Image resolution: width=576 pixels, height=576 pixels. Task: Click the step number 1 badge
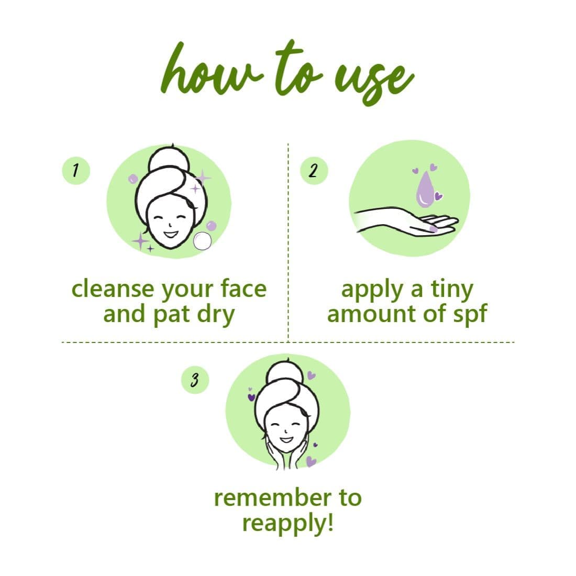[76, 171]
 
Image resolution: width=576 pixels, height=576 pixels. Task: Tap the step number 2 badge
[314, 171]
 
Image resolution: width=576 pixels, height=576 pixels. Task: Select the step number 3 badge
[195, 380]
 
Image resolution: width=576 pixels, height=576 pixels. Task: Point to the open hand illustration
[406, 221]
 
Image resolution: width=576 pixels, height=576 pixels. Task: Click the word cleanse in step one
[113, 289]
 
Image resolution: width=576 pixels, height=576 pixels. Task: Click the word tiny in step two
[452, 290]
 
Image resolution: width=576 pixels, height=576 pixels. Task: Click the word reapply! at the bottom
[287, 524]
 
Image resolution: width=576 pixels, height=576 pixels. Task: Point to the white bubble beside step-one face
[203, 241]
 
